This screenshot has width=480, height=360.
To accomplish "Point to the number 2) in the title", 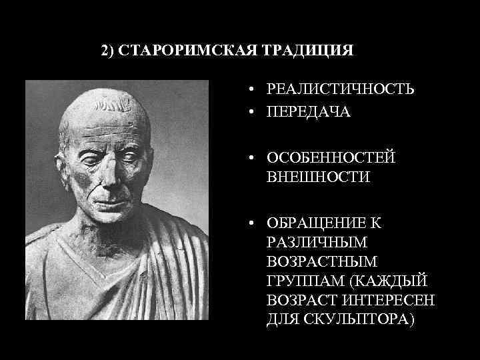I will [108, 51].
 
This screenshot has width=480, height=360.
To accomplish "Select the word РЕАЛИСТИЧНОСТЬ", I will [340, 89].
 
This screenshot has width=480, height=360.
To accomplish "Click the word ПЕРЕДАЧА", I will [308, 112].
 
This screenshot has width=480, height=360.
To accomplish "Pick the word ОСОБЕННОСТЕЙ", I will [331, 157].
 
